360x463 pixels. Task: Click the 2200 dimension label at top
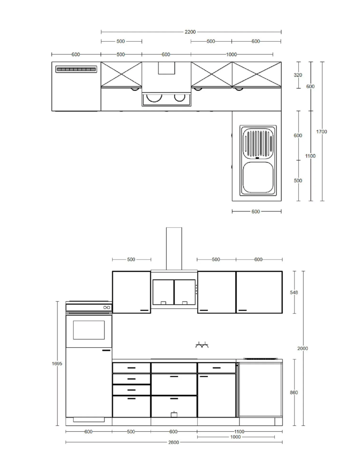pyautogui.click(x=190, y=32)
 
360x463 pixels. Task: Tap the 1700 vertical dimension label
pyautogui.click(x=321, y=132)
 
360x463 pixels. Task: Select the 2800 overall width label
pyautogui.click(x=174, y=442)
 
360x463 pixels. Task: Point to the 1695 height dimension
pyautogui.click(x=57, y=363)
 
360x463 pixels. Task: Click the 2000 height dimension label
pyautogui.click(x=303, y=348)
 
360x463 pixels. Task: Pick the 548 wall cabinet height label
pyautogui.click(x=294, y=292)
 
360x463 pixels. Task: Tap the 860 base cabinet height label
pyautogui.click(x=294, y=392)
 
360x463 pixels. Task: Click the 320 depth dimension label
pyautogui.click(x=298, y=75)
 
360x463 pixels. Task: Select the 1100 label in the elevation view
pyautogui.click(x=240, y=431)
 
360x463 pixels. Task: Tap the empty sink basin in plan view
pyautogui.click(x=258, y=177)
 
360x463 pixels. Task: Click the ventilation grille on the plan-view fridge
pyautogui.click(x=76, y=69)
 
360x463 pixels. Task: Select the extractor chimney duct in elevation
pyautogui.click(x=174, y=249)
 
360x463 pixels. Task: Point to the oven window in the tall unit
pyautogui.click(x=89, y=330)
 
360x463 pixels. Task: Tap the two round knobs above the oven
pyautogui.click(x=107, y=307)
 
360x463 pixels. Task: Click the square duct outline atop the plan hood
pyautogui.click(x=166, y=68)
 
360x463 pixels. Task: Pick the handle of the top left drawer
pyautogui.click(x=132, y=368)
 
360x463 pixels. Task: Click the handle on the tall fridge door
pyautogui.click(x=106, y=350)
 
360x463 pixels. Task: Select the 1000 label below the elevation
pyautogui.click(x=236, y=437)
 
